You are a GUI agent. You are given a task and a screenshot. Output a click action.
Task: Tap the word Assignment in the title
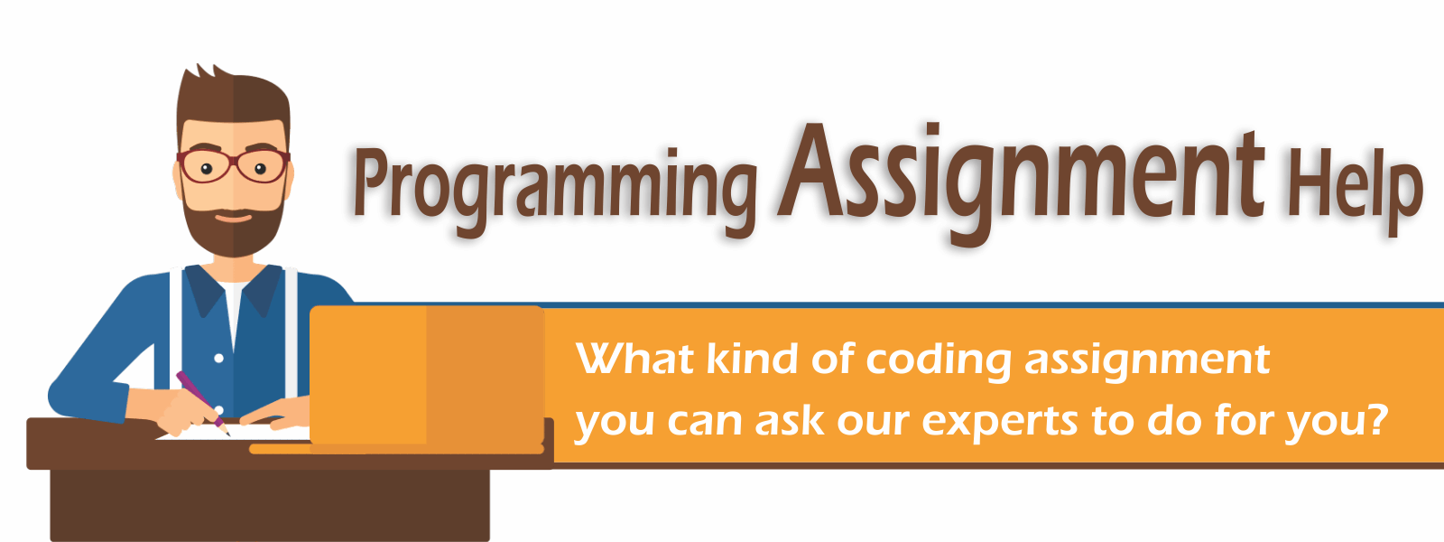[x=1021, y=182]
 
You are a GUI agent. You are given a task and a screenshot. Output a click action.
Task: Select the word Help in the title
[x=1355, y=190]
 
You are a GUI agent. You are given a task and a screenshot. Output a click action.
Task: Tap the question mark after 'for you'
[x=1375, y=418]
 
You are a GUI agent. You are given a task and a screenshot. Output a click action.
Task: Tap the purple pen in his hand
[x=202, y=403]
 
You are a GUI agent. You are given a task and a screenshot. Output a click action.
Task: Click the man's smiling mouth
[x=233, y=218]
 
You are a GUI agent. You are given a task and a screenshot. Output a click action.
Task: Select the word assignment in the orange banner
[x=1147, y=361]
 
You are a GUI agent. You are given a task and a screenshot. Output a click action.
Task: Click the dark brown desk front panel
[x=270, y=505]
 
